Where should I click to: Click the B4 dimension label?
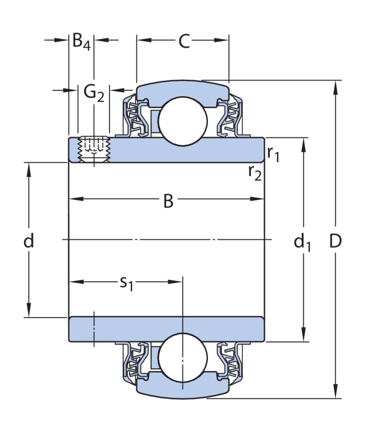pos(81,42)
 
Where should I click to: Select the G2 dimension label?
pos(93,93)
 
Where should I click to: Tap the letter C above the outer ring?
pos(184,41)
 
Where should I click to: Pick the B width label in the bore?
pos(169,201)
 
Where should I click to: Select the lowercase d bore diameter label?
pos(28,241)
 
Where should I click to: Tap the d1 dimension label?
pos(302,242)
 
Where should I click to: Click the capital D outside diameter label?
pos(335,241)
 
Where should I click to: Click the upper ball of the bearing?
pos(183,120)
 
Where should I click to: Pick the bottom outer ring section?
pos(183,388)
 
